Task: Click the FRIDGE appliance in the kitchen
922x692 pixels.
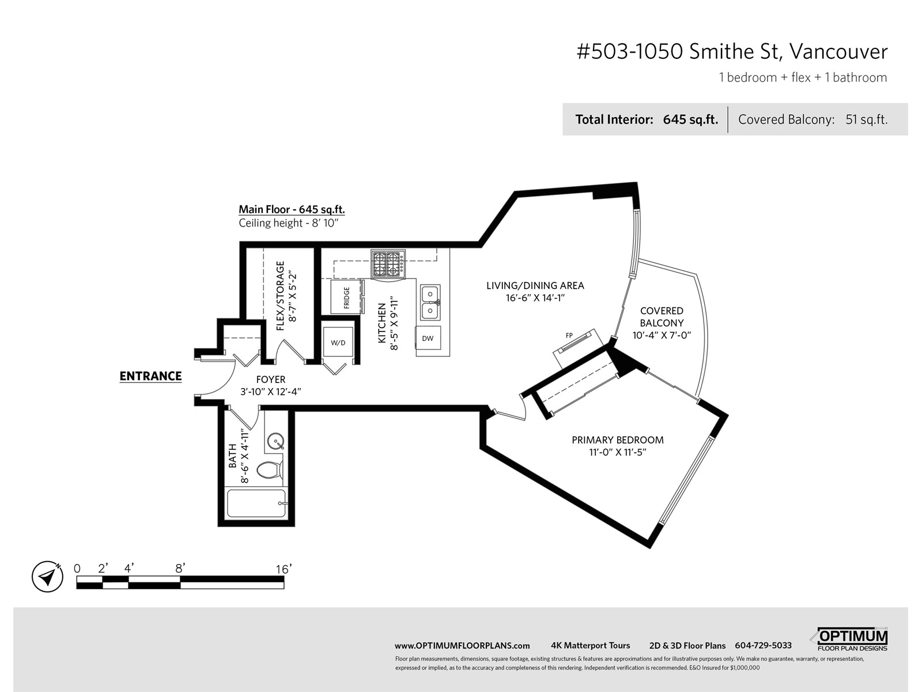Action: pyautogui.click(x=347, y=296)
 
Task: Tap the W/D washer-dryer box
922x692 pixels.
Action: pyautogui.click(x=338, y=343)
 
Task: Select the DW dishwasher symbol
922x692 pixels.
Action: pyautogui.click(x=428, y=338)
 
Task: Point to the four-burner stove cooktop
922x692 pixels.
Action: pyautogui.click(x=388, y=264)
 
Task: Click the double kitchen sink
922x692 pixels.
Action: pyautogui.click(x=430, y=302)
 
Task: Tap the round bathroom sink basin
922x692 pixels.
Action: pyautogui.click(x=275, y=442)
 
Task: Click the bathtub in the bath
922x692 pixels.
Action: pyautogui.click(x=256, y=503)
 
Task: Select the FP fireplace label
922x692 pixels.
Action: pyautogui.click(x=569, y=335)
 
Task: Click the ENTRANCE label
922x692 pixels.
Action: pyautogui.click(x=151, y=376)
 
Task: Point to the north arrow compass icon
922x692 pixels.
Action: pyautogui.click(x=47, y=577)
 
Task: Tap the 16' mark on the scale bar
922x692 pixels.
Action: pyautogui.click(x=284, y=569)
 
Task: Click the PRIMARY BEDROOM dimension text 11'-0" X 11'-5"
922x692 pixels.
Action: pyautogui.click(x=618, y=452)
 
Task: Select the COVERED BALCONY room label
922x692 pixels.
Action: pyautogui.click(x=662, y=317)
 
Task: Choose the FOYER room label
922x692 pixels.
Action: pyautogui.click(x=271, y=379)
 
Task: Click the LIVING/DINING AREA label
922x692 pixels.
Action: pyautogui.click(x=535, y=285)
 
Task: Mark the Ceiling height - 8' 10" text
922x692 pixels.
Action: pyautogui.click(x=289, y=223)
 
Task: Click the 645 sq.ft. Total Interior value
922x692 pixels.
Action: pyautogui.click(x=690, y=120)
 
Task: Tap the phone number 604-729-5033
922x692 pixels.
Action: pyautogui.click(x=763, y=645)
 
